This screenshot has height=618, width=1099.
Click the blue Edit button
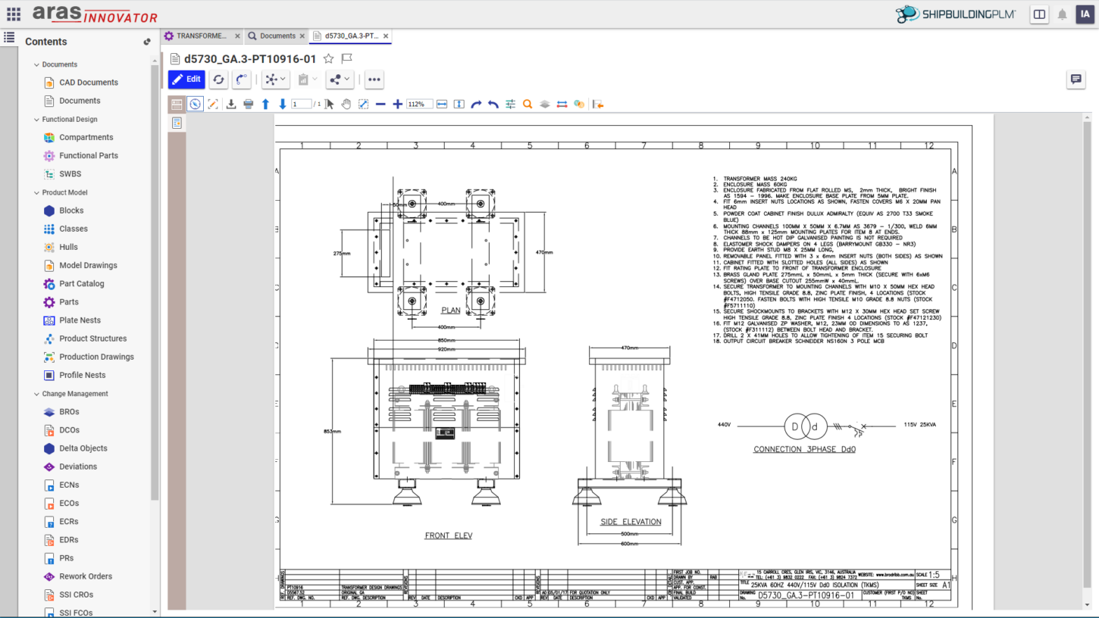coord(186,80)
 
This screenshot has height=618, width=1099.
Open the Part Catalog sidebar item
coord(81,284)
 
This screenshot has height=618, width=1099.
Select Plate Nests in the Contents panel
coord(80,320)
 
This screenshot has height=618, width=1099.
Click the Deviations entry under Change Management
coord(78,467)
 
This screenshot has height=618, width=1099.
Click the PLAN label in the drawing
coord(450,311)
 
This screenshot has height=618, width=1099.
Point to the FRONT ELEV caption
coord(448,535)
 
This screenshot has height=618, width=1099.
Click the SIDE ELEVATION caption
coord(631,522)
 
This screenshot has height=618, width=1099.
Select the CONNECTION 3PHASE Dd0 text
coord(804,449)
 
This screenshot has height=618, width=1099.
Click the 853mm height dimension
coord(332,431)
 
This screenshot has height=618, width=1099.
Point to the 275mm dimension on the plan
coord(341,253)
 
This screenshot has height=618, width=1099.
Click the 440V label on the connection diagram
coord(724,425)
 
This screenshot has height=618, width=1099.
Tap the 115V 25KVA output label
coord(919,425)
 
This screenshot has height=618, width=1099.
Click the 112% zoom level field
coord(419,105)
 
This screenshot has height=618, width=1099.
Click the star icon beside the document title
coord(328,58)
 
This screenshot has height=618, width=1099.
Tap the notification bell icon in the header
coord(1062,14)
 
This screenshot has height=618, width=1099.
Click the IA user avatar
coord(1085,14)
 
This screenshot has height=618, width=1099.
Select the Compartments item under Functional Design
coord(86,137)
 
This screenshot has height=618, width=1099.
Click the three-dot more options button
coord(374,80)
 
